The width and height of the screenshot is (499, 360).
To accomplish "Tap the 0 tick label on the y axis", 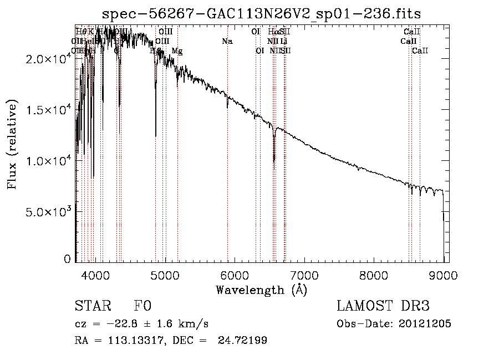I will pyautogui.click(x=67, y=258).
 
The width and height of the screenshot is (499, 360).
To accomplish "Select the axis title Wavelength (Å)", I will pyautogui.click(x=261, y=290).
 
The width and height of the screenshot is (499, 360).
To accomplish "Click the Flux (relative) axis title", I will pyautogui.click(x=13, y=144).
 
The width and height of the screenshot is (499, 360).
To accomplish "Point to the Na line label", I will pyautogui.click(x=227, y=41).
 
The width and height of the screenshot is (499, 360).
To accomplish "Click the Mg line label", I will pyautogui.click(x=177, y=51).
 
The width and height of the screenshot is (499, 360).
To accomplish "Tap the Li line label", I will pyautogui.click(x=283, y=41).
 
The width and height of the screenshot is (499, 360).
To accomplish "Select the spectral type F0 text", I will pyautogui.click(x=142, y=306).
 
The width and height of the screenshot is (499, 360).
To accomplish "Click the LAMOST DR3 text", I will pyautogui.click(x=383, y=306).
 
